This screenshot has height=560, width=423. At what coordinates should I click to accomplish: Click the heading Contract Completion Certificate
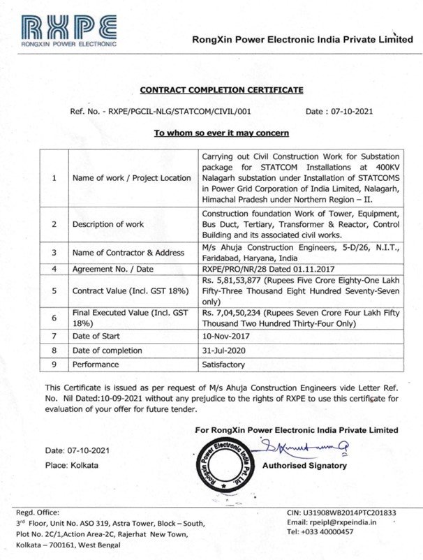coord(221,90)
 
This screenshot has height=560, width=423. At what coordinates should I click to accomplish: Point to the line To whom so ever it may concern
coord(221,133)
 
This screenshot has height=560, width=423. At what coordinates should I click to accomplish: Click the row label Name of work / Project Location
coord(131,178)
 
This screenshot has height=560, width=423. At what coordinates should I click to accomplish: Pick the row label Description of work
coord(108,224)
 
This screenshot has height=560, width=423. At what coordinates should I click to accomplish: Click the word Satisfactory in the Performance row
coord(223,364)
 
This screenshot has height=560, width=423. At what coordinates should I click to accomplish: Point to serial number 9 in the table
coord(54,364)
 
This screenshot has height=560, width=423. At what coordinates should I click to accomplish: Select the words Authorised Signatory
coord(304,465)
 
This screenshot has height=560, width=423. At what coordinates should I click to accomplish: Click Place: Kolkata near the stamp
coord(72,465)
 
